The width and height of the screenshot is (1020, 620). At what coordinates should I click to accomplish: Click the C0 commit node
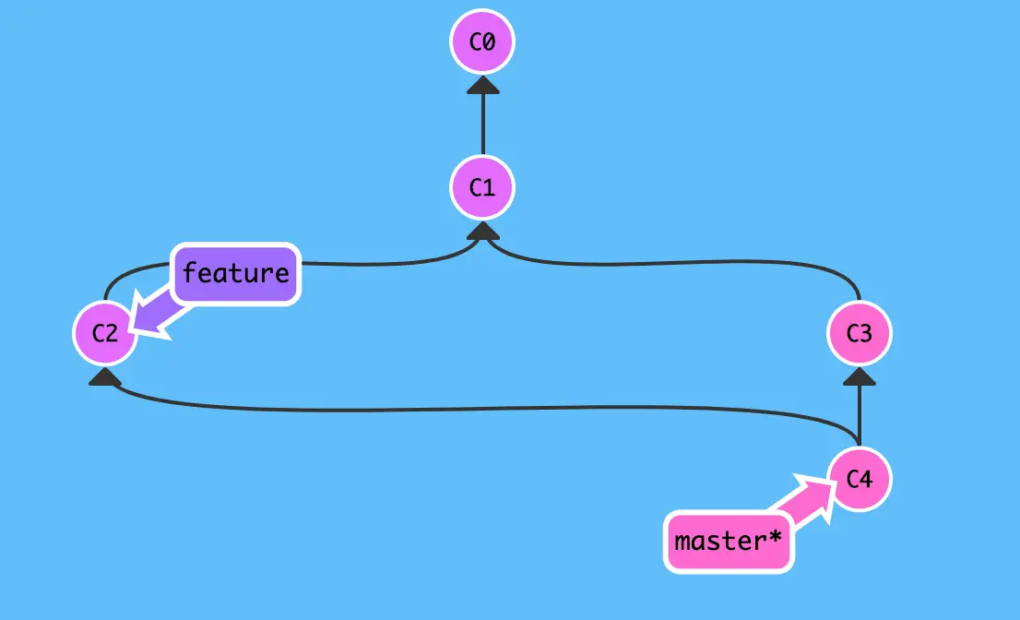coord(481,42)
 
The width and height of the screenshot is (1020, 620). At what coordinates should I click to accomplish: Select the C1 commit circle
coord(481,188)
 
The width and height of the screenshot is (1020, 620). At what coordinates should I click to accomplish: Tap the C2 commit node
coord(105,332)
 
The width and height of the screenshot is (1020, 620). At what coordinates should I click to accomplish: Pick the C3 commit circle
coord(859,332)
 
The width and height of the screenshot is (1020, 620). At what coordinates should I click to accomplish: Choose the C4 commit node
coord(859,479)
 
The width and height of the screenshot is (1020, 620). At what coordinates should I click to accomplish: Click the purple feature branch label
coord(236,274)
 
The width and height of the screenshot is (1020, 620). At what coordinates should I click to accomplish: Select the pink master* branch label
coord(728,541)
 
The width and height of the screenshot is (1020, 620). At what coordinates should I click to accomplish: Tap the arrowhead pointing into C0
coord(481,86)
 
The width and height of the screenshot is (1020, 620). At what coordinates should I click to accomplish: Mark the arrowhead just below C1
coord(481,232)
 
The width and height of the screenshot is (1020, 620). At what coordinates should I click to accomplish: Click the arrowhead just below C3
coord(859,376)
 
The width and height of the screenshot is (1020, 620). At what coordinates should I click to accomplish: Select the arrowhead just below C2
coord(105,376)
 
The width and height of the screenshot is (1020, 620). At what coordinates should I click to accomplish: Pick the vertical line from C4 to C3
coord(859,415)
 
